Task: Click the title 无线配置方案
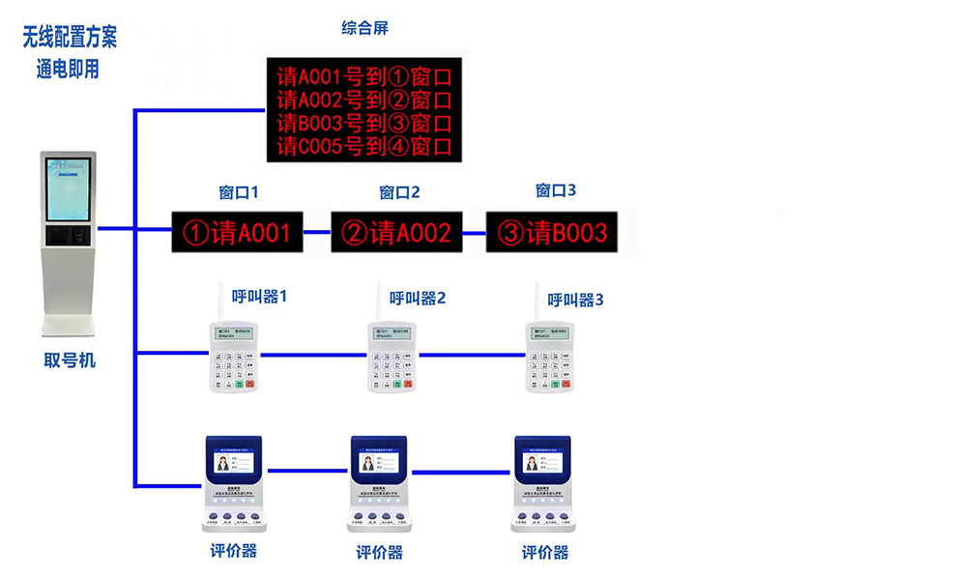click(70, 38)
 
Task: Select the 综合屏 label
click(365, 28)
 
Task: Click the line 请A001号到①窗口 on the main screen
click(363, 75)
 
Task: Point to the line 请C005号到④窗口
click(363, 147)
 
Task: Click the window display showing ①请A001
click(237, 232)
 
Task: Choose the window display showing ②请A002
click(396, 232)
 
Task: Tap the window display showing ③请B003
click(552, 232)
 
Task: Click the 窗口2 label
click(399, 192)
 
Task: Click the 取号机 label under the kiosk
click(70, 360)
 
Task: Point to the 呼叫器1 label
click(259, 296)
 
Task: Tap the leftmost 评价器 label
click(234, 551)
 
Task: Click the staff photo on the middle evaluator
click(367, 464)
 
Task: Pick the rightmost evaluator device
click(542, 483)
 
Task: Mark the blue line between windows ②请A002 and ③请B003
click(473, 233)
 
